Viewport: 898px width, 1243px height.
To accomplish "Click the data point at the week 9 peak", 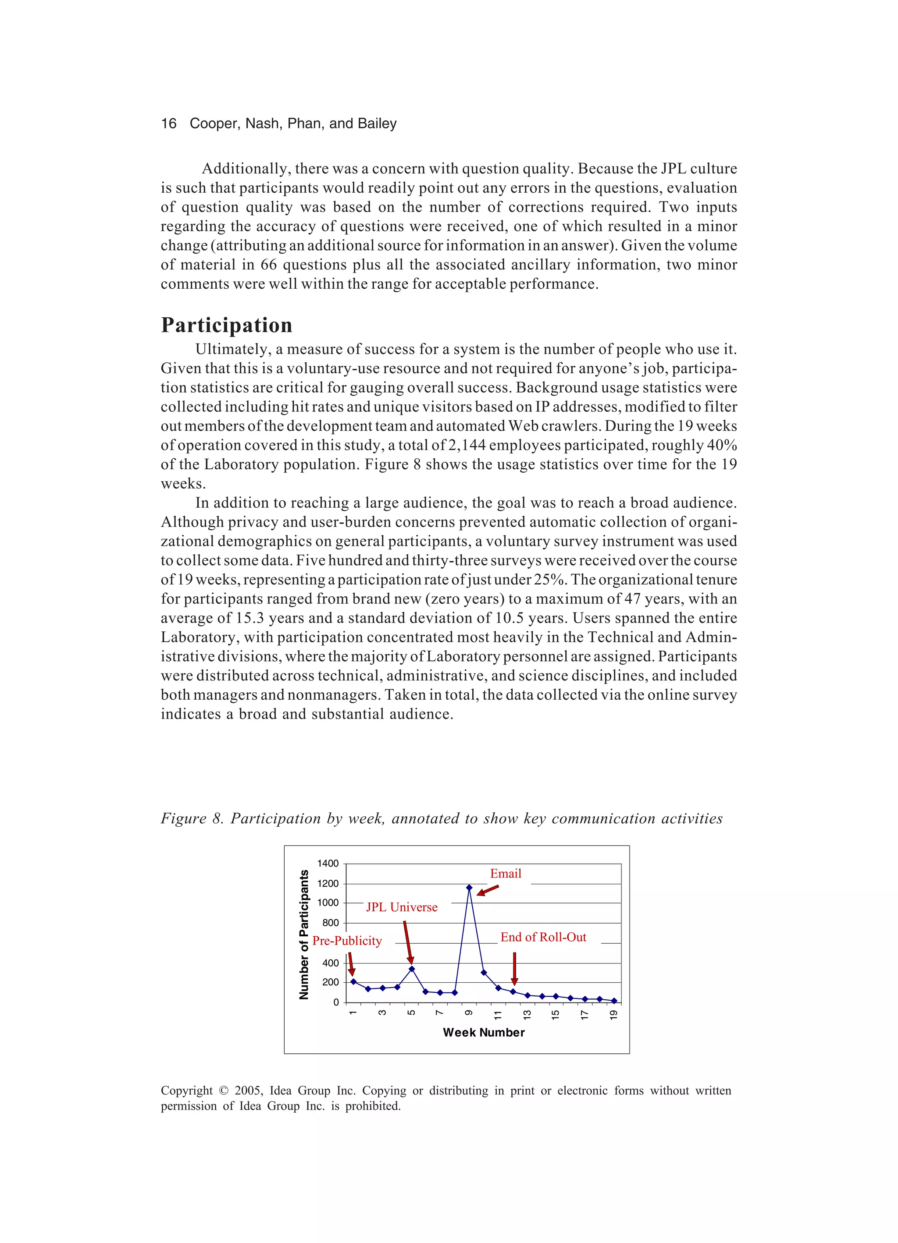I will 469,887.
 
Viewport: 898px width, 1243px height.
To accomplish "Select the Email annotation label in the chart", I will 505,874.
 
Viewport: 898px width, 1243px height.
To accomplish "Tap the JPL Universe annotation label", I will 402,907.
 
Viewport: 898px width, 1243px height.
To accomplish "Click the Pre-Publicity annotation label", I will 347,941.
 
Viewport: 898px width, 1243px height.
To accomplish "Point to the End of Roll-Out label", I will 543,937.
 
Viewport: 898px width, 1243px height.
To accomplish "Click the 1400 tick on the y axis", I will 328,863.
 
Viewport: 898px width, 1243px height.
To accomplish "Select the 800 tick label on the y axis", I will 330,923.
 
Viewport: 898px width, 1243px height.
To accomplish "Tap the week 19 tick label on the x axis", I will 613,1014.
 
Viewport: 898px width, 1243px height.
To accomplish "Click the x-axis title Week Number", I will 483,1033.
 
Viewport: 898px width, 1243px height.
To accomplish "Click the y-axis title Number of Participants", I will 304,935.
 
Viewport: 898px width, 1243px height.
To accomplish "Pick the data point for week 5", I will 411,969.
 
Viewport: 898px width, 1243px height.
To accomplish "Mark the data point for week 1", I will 353,981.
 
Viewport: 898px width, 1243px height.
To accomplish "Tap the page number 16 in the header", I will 168,123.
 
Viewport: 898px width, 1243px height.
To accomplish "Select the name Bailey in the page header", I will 377,123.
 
